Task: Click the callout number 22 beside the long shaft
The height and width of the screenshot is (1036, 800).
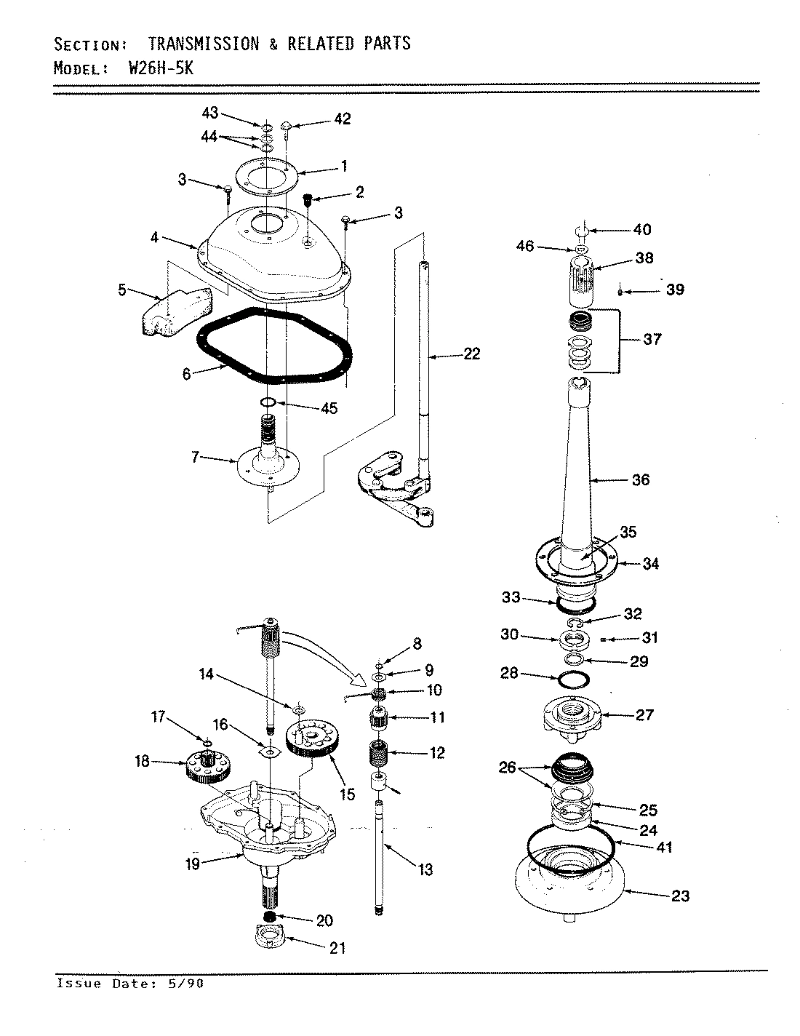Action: pos(472,354)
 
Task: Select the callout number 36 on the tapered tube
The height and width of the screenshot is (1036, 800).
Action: pos(641,479)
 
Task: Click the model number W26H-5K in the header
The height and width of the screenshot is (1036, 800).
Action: pos(161,69)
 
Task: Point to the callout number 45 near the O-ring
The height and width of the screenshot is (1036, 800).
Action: pos(329,408)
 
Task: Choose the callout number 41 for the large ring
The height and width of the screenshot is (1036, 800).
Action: pos(664,847)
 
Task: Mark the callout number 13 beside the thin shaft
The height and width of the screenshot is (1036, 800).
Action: pos(425,869)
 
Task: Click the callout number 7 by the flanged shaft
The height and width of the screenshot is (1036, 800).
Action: pos(194,458)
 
